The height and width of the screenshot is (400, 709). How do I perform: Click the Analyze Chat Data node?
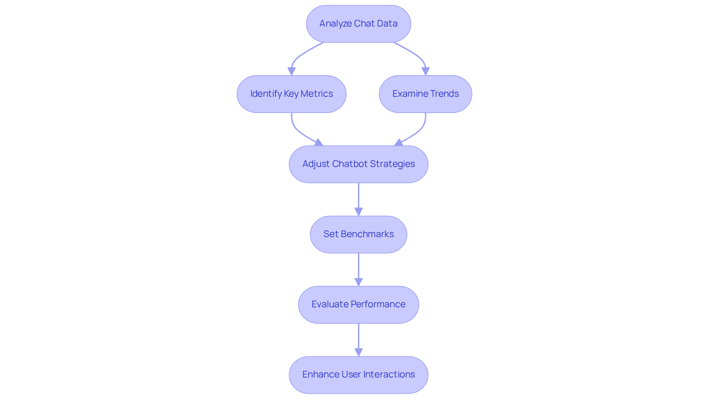point(358,24)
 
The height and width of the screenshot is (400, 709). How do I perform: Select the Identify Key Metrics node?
point(291,94)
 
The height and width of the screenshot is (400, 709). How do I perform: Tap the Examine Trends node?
point(425,94)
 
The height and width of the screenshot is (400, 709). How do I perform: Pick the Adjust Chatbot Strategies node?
point(358,164)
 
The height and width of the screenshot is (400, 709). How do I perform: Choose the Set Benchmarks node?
point(358,234)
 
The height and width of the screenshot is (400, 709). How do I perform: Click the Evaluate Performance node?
point(358,304)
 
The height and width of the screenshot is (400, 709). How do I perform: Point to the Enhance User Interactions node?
point(358,375)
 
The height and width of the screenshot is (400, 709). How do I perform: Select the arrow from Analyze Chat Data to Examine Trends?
point(417,55)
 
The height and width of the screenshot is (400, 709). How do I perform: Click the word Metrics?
point(316,94)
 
